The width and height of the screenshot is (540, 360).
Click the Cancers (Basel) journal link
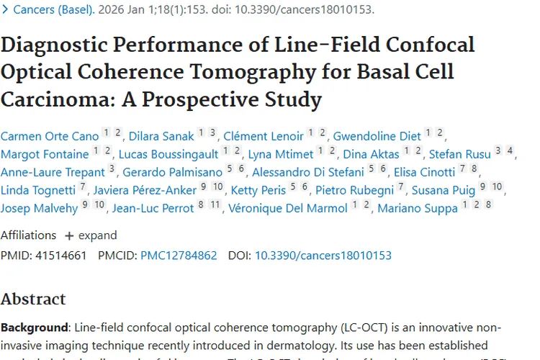[53, 10]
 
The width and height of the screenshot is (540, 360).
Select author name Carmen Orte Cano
[49, 135]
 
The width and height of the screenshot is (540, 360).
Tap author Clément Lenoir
[264, 135]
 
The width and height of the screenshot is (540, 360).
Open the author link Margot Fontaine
[45, 154]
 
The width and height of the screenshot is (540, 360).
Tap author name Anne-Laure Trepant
[53, 172]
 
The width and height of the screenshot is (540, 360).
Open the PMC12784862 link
[179, 255]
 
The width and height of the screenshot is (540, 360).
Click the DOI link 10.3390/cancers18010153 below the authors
[323, 255]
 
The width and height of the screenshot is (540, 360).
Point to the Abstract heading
[33, 299]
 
